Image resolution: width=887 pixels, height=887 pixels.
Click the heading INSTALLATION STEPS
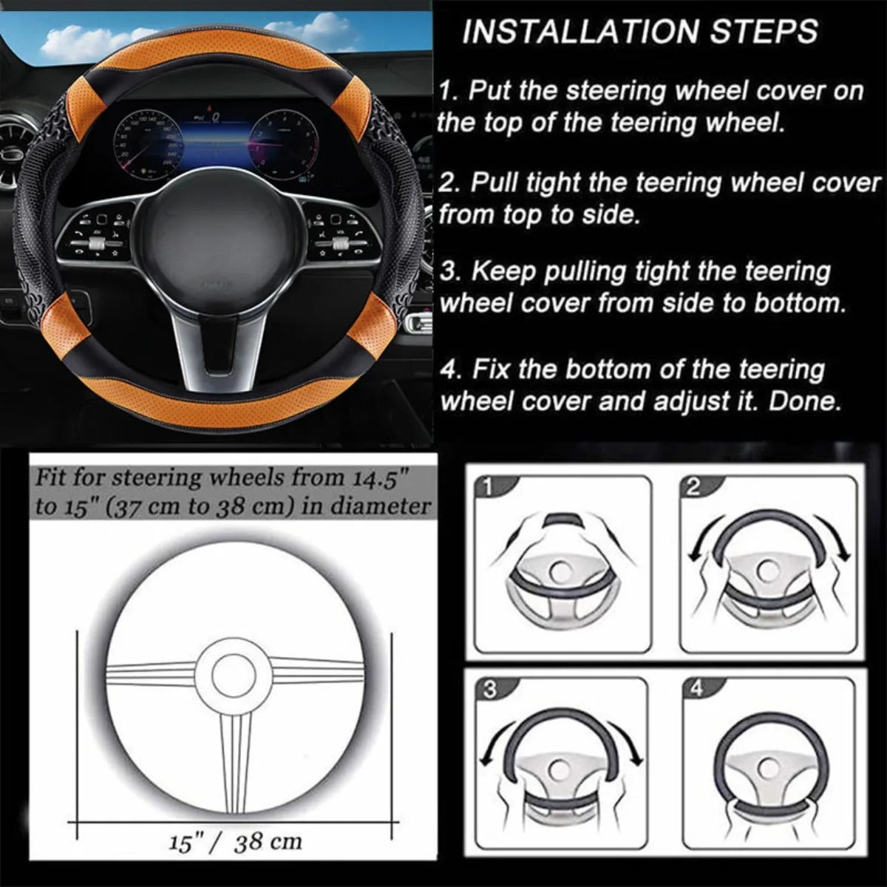click(640, 32)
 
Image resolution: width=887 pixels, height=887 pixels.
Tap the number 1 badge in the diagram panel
click(487, 486)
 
